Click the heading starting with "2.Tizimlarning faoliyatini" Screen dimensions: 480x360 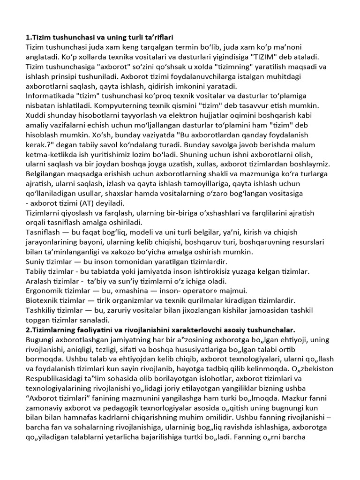point(160,330)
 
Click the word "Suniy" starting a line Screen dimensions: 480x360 point(36,262)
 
